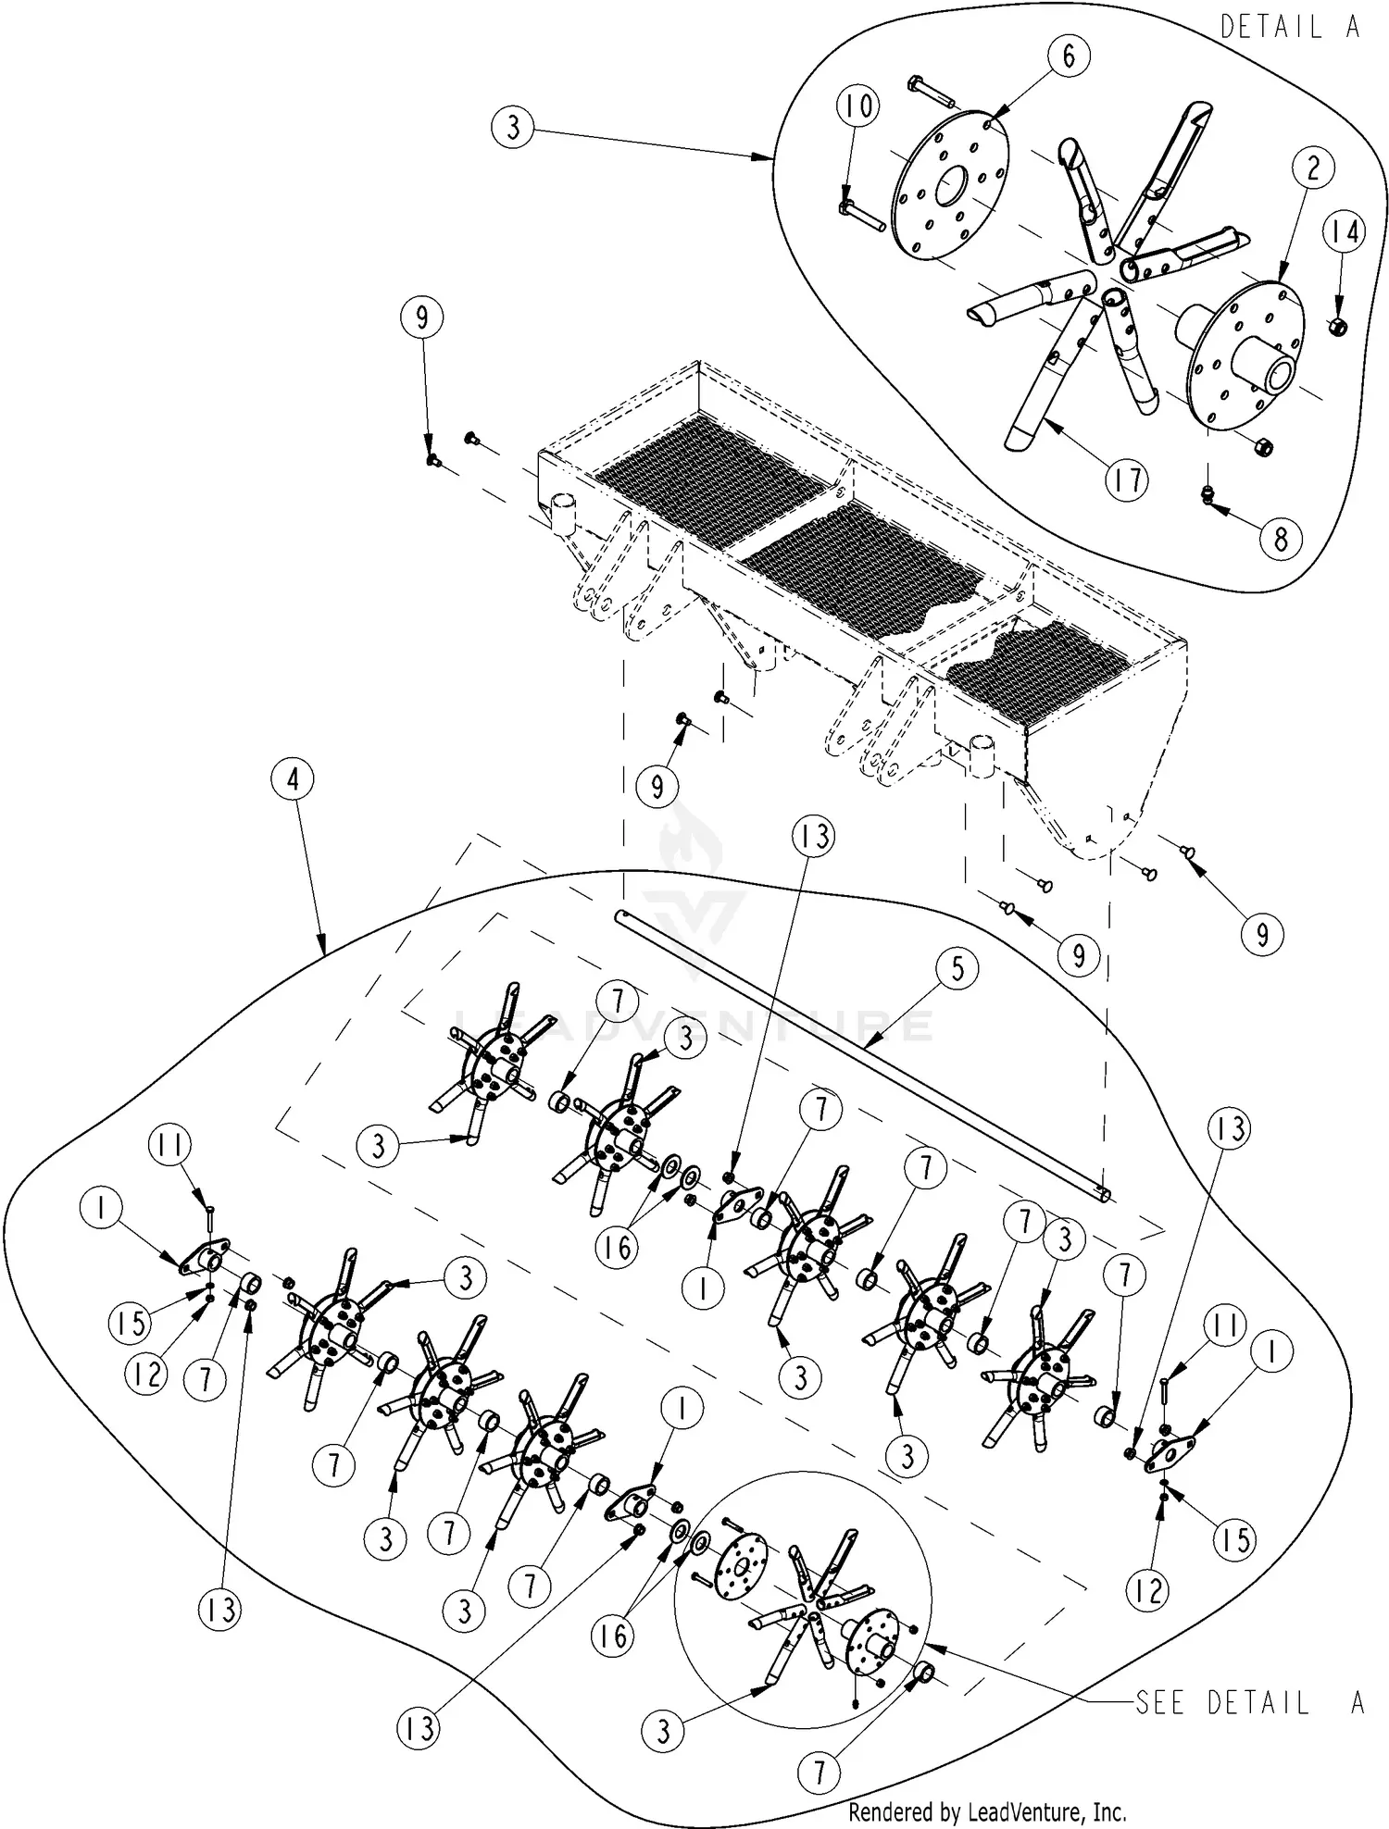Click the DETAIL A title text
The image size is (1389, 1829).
1290,28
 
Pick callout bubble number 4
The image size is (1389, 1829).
293,779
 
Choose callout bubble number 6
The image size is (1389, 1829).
1070,56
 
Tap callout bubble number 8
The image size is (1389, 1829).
1281,538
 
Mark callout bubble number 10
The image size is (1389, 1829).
858,106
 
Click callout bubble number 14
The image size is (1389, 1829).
1345,231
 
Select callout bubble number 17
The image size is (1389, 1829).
1127,479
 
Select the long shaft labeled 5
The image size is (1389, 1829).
861,1054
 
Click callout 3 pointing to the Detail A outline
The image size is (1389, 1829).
514,127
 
